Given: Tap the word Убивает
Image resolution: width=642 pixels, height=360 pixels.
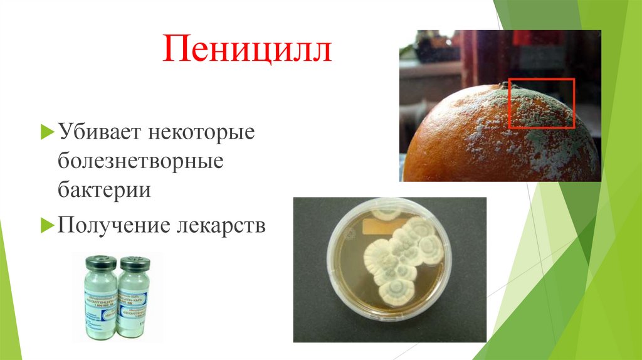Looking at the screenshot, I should pyautogui.click(x=100, y=133).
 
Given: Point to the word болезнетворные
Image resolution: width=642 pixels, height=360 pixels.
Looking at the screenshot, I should pyautogui.click(x=141, y=161).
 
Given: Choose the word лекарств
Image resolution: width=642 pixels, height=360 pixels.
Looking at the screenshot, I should pyautogui.click(x=219, y=225).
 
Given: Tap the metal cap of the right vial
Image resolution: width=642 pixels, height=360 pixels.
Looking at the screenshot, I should pyautogui.click(x=134, y=263).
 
